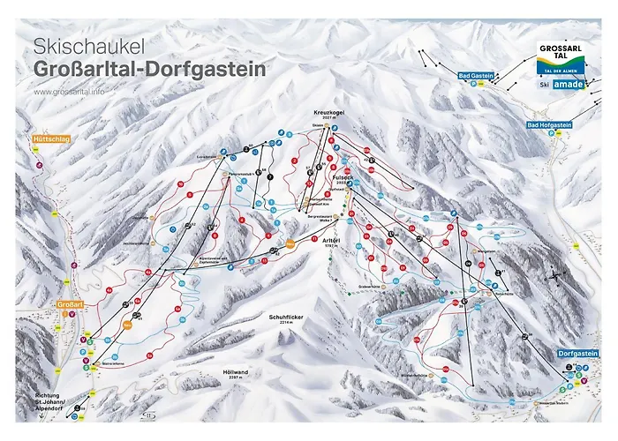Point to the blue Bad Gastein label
click(477, 78)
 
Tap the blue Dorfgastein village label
click(578, 354)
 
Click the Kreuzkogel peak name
click(328, 114)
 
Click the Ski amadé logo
click(562, 86)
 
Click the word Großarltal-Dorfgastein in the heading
click(148, 69)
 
